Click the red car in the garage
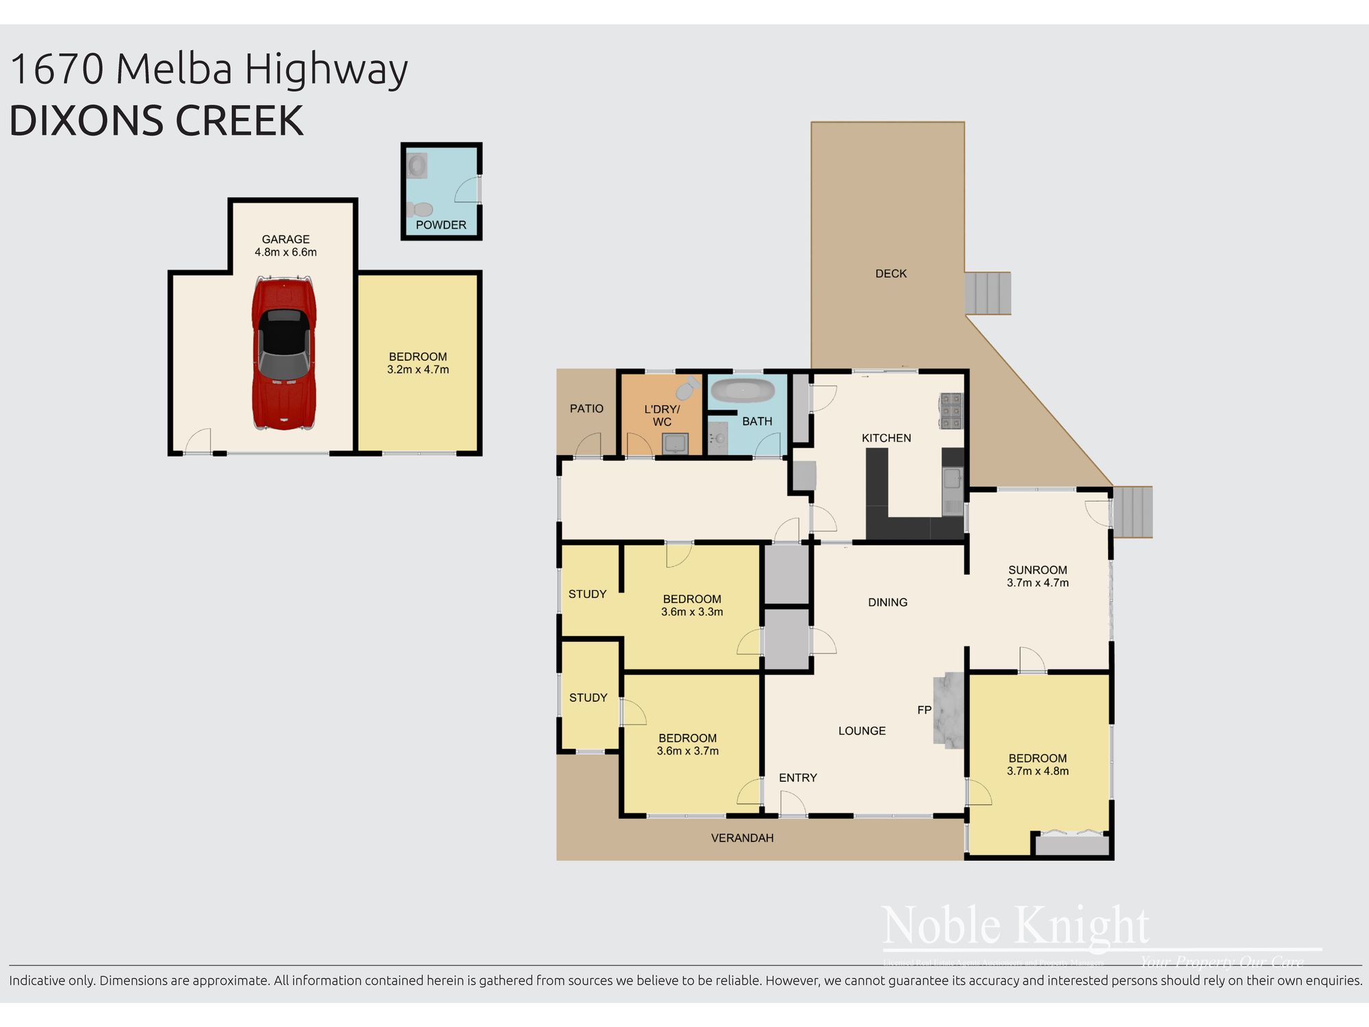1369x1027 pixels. click(284, 353)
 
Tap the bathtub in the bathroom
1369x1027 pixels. click(743, 391)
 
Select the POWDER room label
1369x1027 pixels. click(441, 225)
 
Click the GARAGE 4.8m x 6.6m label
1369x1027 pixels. click(285, 246)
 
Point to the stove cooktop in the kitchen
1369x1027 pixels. click(951, 410)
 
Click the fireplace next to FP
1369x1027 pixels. click(949, 709)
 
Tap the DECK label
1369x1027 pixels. click(891, 274)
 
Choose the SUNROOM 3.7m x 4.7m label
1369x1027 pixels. click(1037, 576)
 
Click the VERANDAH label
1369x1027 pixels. click(742, 838)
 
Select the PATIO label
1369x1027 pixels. click(587, 409)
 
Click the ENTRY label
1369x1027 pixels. click(797, 778)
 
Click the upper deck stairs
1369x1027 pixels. click(988, 293)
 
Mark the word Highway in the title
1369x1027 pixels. click(326, 70)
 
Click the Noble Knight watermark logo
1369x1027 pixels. click(1016, 926)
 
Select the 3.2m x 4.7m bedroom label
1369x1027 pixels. click(418, 364)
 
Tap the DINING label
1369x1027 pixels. click(887, 603)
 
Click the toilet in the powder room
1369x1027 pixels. click(420, 209)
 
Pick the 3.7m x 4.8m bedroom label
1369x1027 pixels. click(1037, 765)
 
